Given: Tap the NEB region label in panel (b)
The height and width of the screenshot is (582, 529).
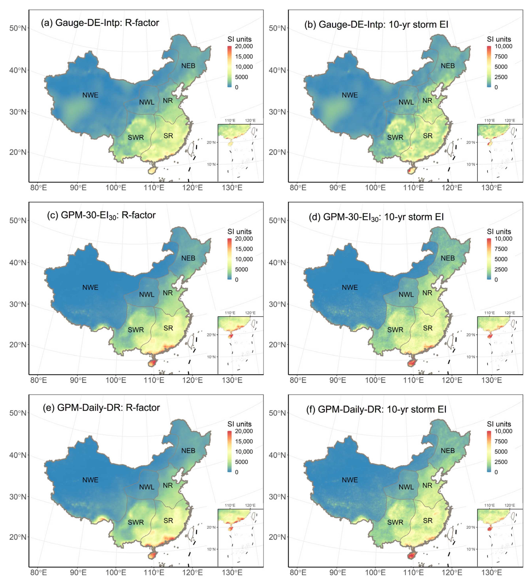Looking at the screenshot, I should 448,66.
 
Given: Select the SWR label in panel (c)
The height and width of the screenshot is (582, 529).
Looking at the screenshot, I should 136,330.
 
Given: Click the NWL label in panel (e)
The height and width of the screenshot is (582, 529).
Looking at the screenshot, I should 147,487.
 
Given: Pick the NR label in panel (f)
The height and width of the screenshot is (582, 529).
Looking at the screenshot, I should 427,485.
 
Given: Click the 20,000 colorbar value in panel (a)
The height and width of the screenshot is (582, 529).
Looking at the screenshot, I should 244,46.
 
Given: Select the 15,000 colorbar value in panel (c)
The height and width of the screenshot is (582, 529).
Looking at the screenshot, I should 244,249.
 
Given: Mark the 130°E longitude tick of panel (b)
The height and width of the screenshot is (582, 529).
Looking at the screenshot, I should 492,188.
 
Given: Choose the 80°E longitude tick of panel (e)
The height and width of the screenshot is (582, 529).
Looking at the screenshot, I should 38,572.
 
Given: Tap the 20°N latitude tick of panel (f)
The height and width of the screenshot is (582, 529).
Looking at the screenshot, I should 277,537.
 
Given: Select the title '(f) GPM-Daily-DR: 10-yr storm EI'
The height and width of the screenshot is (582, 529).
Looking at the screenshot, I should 376,409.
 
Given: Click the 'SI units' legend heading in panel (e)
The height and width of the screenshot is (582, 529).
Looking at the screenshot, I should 239,424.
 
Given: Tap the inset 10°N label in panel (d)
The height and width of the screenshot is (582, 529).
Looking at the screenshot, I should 471,357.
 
